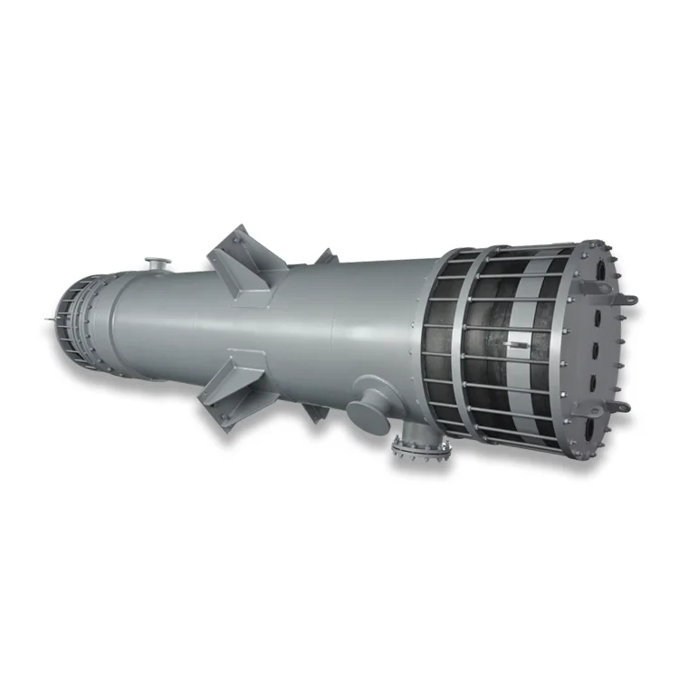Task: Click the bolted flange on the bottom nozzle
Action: coord(419,447)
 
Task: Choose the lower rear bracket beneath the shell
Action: coord(313,412)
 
